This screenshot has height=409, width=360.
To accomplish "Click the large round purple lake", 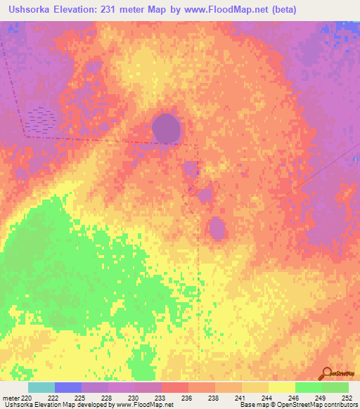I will pos(167,129).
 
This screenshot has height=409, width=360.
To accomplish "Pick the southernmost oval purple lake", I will pos(217,228).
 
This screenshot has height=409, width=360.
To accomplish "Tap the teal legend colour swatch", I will pos(41,387).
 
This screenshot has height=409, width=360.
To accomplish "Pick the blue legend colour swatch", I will pos(67,387).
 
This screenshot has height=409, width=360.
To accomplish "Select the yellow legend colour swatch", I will pos(281,387).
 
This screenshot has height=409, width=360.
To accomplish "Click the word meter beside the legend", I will pos(9,397).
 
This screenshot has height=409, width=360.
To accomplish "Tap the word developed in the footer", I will pos(98,405).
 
